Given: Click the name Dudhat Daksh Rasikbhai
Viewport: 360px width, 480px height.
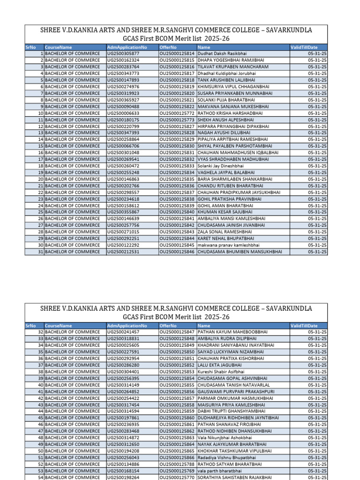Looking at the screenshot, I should point(218,54).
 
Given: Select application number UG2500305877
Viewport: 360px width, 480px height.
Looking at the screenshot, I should point(123,54).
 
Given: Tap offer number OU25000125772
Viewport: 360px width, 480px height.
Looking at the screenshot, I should point(177,113).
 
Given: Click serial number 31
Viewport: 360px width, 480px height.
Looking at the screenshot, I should point(41,252).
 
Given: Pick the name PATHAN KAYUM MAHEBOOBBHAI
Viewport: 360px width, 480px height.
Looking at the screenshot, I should point(232,332).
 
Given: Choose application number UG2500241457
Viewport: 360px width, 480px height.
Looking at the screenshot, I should point(123,332).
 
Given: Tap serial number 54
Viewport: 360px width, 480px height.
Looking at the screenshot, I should point(41,477).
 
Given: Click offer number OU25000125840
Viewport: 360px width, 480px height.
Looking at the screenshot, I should point(177,212).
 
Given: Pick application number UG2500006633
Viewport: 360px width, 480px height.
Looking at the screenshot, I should point(123,113).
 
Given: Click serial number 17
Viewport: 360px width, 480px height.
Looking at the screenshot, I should point(41,159).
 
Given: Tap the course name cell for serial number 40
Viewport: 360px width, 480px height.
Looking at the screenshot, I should point(72,385).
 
